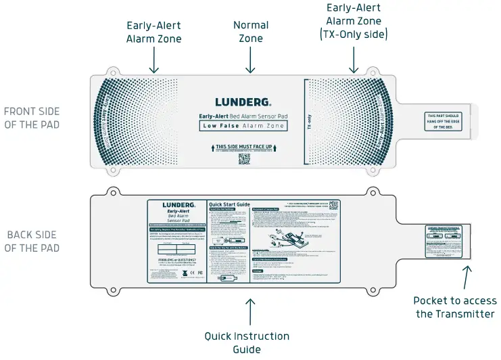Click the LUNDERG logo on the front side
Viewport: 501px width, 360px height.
(x=243, y=103)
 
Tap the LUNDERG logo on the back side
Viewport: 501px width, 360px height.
(x=178, y=204)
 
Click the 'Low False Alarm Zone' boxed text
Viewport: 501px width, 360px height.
(x=243, y=126)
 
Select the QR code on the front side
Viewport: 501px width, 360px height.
(x=244, y=159)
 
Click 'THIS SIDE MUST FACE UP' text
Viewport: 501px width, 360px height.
(x=243, y=146)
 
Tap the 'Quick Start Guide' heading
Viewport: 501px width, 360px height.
(x=229, y=204)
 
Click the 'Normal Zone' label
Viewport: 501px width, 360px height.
(x=251, y=32)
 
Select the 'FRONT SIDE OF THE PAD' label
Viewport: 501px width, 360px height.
(x=32, y=118)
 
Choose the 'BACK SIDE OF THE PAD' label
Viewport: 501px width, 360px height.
(x=32, y=242)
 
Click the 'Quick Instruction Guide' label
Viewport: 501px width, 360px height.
(x=247, y=342)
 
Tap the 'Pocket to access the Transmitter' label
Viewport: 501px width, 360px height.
(x=454, y=307)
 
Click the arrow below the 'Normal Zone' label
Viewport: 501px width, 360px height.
(x=251, y=62)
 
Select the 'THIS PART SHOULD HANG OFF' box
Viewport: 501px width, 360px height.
(x=443, y=121)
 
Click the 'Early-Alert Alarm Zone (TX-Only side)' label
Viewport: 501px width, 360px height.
(x=353, y=20)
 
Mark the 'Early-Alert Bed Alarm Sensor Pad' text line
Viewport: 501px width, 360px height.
(x=243, y=116)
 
